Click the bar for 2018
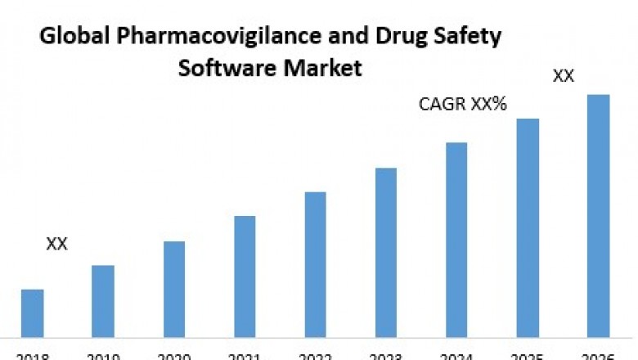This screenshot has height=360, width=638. pyautogui.click(x=32, y=313)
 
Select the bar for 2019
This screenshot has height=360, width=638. pyautogui.click(x=103, y=300)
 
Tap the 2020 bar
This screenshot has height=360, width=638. pyautogui.click(x=174, y=288)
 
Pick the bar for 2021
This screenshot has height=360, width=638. pyautogui.click(x=245, y=276)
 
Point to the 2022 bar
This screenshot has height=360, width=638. pyautogui.click(x=316, y=263)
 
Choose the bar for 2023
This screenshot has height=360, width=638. pyautogui.click(x=386, y=252)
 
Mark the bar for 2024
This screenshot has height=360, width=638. pyautogui.click(x=456, y=239)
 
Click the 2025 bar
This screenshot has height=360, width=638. pyautogui.click(x=528, y=227)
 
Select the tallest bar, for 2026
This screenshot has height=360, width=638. pyautogui.click(x=599, y=215)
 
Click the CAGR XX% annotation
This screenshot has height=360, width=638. pyautogui.click(x=462, y=105)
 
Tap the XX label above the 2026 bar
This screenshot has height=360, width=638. pyautogui.click(x=564, y=76)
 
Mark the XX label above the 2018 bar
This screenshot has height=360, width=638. pyautogui.click(x=56, y=244)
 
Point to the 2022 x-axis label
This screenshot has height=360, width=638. pyautogui.click(x=316, y=355)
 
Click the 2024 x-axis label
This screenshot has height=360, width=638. pyautogui.click(x=456, y=355)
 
